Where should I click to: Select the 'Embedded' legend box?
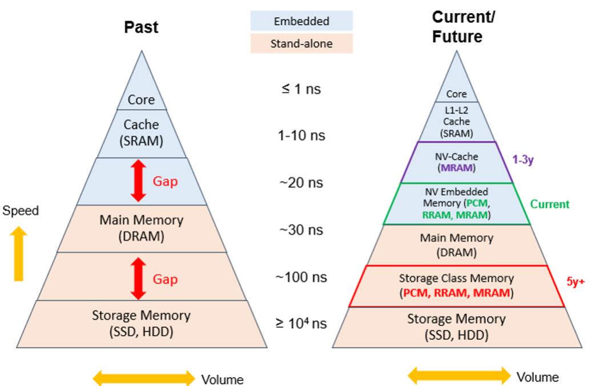tap(301, 21)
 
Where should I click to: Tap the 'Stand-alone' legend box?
tap(301, 43)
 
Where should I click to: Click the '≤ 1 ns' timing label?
tap(301, 89)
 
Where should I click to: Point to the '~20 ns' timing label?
tap(301, 183)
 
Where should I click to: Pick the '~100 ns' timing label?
tap(301, 278)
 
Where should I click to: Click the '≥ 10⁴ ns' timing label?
tap(301, 323)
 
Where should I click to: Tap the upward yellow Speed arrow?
tap(19, 254)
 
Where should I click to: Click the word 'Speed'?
tap(21, 211)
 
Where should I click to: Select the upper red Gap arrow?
tap(139, 182)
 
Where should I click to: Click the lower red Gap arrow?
tap(139, 279)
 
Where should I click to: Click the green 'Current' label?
tap(550, 204)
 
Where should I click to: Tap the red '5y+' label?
tap(575, 281)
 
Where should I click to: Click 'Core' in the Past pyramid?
tap(141, 100)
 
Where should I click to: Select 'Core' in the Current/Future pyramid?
tap(456, 94)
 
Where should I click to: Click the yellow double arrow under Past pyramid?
tap(144, 378)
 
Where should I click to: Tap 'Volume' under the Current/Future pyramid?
tap(537, 377)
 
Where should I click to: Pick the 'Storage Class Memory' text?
tap(456, 279)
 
